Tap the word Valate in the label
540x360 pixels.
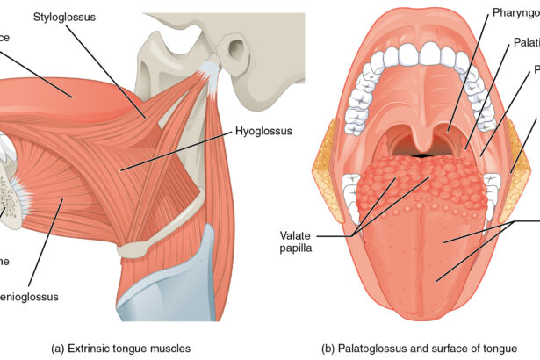(297, 236)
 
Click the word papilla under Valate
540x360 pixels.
(297, 248)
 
